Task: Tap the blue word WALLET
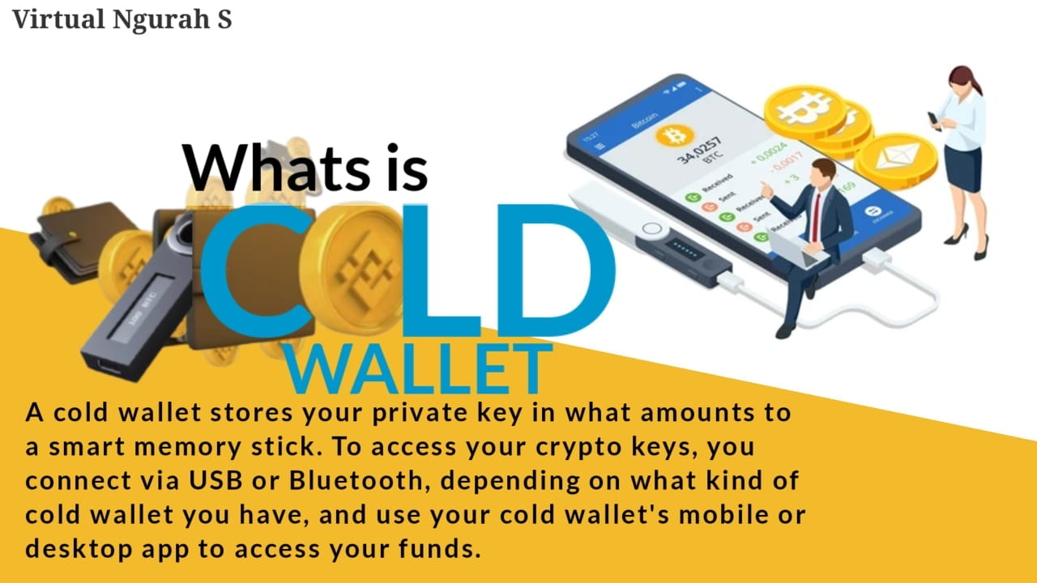click(420, 369)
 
